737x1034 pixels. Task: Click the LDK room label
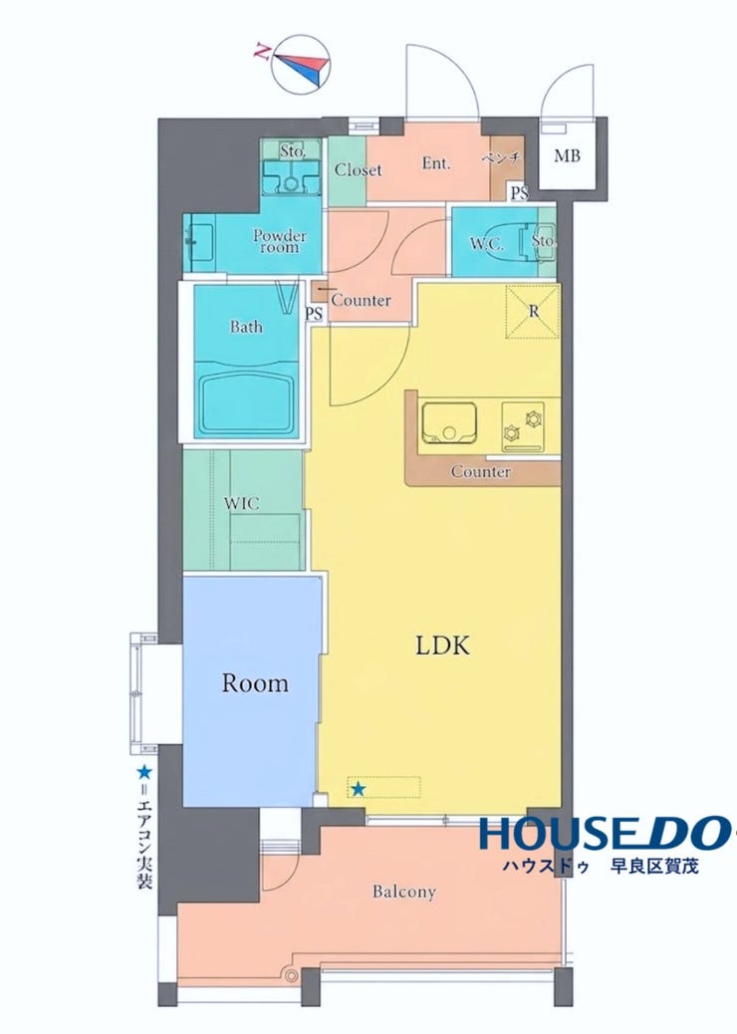442,645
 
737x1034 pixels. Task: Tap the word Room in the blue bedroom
255,682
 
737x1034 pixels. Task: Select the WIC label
241,504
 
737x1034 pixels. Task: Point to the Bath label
246,327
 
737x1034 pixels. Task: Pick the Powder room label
280,241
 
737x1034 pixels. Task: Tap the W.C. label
487,244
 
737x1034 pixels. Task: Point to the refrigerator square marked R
532,311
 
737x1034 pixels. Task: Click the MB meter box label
567,156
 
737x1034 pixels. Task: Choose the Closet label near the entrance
358,169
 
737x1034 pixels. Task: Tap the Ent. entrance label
436,162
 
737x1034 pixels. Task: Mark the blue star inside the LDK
358,789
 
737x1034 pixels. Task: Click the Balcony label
404,893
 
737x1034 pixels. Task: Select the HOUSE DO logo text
604,833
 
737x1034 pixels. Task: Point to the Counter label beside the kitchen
481,471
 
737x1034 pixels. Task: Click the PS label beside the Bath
314,314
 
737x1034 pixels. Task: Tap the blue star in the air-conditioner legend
143,772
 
